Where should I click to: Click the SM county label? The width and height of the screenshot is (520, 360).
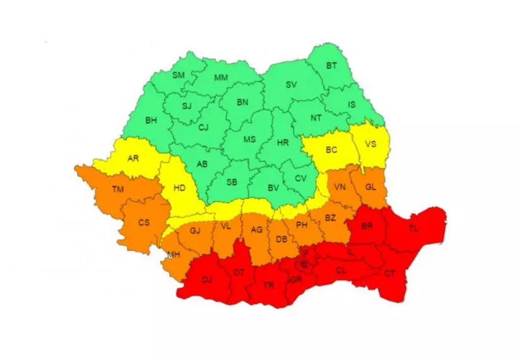[x=178, y=75]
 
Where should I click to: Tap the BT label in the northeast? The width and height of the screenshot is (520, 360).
[x=331, y=65]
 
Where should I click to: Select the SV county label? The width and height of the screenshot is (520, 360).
[x=291, y=85]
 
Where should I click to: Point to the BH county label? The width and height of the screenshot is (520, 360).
[x=151, y=121]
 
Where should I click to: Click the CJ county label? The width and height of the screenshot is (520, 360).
[x=203, y=127]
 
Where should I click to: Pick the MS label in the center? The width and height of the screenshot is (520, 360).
[x=249, y=139]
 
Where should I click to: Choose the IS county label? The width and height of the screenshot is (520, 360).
[x=351, y=105]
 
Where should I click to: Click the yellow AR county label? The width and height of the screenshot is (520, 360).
[x=133, y=159]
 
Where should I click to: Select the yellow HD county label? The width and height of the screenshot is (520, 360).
[x=179, y=188]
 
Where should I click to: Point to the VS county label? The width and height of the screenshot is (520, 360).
[x=371, y=144]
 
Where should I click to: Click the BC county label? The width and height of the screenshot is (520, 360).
[x=331, y=150]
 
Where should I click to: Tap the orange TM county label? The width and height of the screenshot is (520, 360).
[x=118, y=190]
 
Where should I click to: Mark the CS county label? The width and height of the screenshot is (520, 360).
[x=143, y=222]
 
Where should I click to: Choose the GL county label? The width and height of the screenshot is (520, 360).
[x=371, y=187]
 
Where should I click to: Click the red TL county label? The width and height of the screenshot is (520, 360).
[x=414, y=229]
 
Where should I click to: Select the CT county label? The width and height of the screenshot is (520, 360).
[x=390, y=274]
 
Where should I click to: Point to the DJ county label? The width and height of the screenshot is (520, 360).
[x=207, y=279]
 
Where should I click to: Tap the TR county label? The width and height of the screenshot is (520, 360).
[x=269, y=285]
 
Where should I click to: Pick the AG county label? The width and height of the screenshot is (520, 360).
[x=256, y=230]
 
